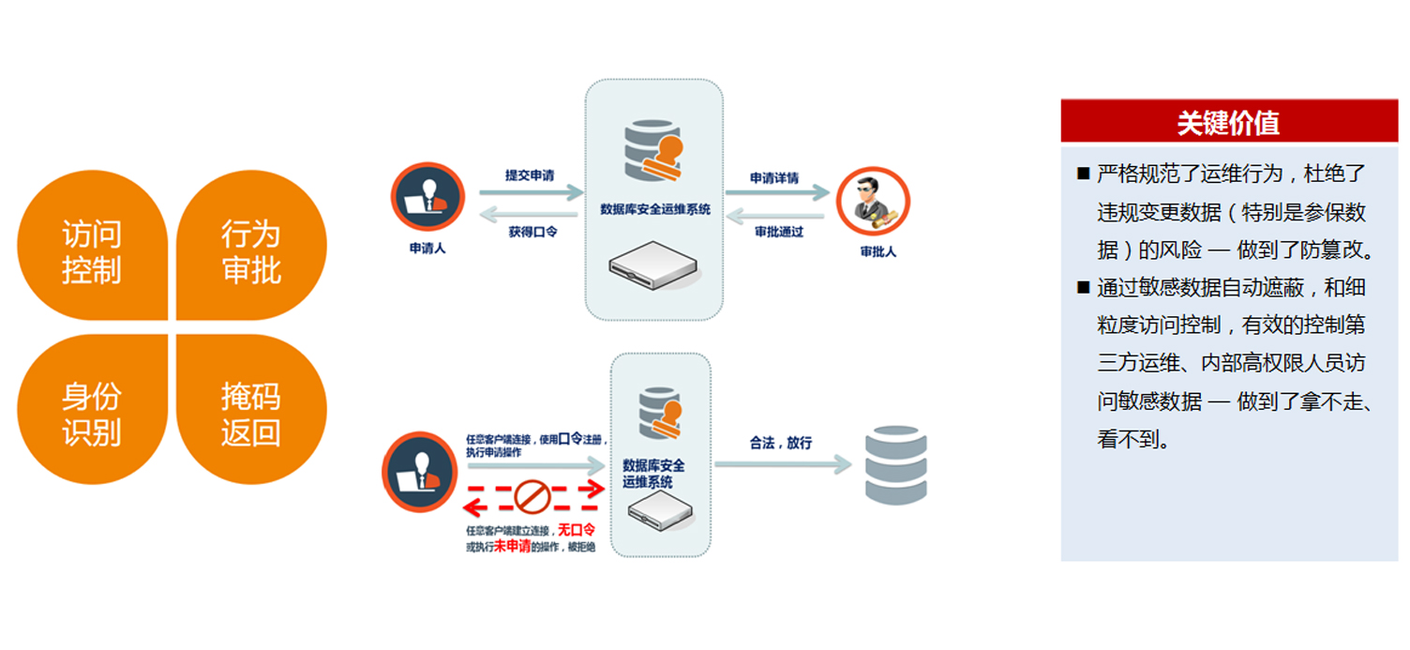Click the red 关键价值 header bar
click(x=1228, y=122)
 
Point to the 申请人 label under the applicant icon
click(x=427, y=249)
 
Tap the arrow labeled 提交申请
click(x=531, y=192)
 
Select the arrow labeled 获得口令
click(x=531, y=215)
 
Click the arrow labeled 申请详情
click(x=777, y=193)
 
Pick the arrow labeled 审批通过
click(x=777, y=216)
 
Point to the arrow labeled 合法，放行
click(x=782, y=463)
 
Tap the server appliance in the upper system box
click(x=654, y=266)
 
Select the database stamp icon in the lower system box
click(x=660, y=414)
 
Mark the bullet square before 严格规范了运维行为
click(x=1083, y=174)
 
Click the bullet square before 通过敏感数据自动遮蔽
click(x=1083, y=287)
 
